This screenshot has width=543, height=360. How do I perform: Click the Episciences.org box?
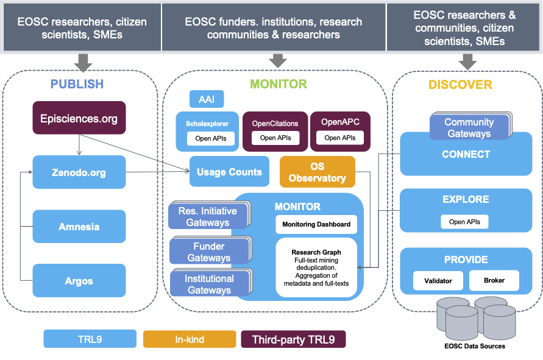click(x=79, y=118)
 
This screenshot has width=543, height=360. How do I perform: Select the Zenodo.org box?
click(x=79, y=172)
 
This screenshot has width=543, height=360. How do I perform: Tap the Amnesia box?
click(x=79, y=227)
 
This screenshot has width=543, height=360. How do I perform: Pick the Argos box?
click(x=79, y=281)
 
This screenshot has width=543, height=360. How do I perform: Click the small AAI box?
click(x=202, y=99)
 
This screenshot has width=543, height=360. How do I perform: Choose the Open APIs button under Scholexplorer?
click(x=211, y=138)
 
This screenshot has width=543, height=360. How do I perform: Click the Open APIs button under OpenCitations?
click(x=275, y=138)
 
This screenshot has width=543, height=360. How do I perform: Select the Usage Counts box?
click(x=229, y=172)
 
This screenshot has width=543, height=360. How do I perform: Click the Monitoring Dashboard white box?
click(x=316, y=224)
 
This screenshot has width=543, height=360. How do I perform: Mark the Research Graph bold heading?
click(x=316, y=252)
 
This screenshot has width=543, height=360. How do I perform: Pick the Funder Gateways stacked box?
click(x=209, y=252)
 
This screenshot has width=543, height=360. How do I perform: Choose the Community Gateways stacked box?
click(x=469, y=128)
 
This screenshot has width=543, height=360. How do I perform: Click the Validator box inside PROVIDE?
click(x=438, y=281)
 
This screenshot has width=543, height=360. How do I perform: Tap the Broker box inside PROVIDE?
click(x=494, y=281)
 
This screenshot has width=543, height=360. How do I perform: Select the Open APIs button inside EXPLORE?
click(x=464, y=222)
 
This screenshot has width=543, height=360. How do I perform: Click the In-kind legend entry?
click(x=189, y=339)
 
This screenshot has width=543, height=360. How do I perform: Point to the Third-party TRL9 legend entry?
click(x=293, y=339)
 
